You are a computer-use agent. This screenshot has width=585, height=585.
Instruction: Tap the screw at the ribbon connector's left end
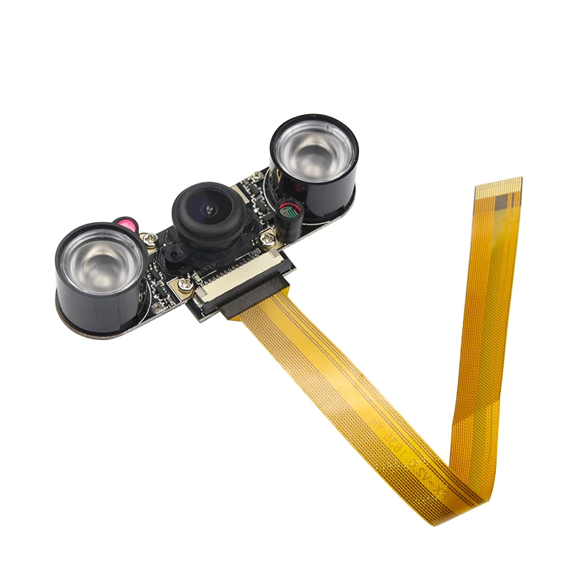185,284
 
